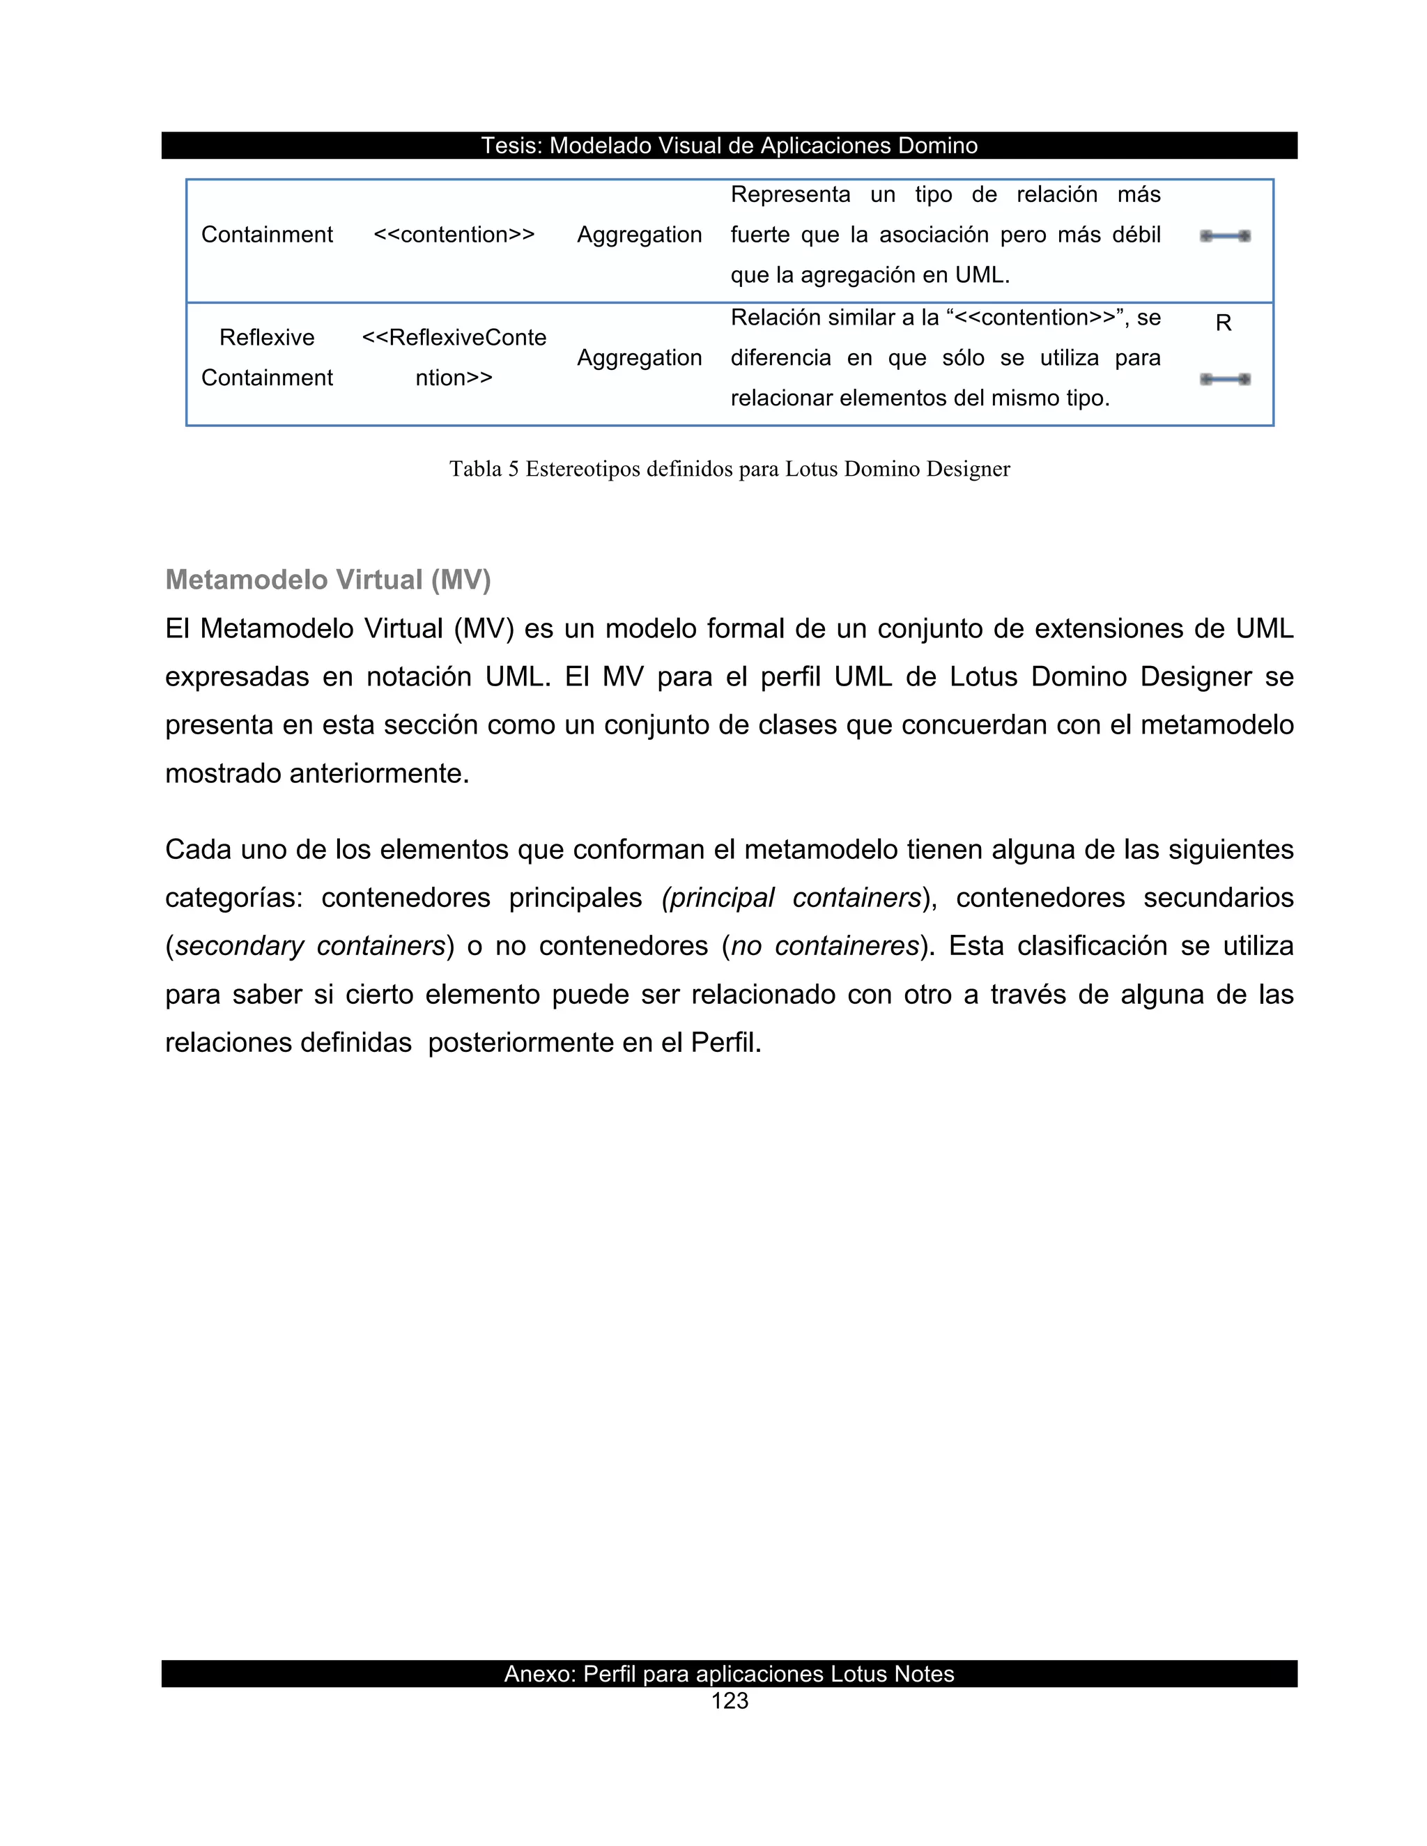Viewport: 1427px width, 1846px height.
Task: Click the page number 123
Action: coord(729,1700)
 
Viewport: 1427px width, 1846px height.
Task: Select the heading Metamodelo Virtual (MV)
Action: coord(328,580)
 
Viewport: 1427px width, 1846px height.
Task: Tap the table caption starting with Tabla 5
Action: coord(729,469)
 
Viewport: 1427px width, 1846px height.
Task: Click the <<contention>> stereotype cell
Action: coord(454,235)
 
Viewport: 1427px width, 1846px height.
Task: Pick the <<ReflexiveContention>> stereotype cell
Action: coord(454,357)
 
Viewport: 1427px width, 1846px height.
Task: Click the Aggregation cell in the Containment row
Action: coord(639,235)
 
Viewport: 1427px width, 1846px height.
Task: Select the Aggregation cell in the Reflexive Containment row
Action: coord(639,357)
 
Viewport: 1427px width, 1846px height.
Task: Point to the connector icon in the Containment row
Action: coord(1224,236)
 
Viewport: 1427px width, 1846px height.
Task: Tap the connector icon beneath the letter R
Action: coord(1224,380)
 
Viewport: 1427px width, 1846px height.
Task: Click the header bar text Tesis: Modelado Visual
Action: coord(729,146)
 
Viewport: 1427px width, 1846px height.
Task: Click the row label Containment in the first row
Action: coord(266,235)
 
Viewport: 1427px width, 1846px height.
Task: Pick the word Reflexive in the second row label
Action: coord(266,337)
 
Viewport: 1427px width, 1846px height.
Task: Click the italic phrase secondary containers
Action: coord(309,946)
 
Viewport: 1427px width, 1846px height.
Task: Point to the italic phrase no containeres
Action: coord(824,946)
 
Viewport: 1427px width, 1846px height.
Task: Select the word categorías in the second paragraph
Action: coord(233,898)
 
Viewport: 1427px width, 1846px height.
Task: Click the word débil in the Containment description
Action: coord(1136,235)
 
